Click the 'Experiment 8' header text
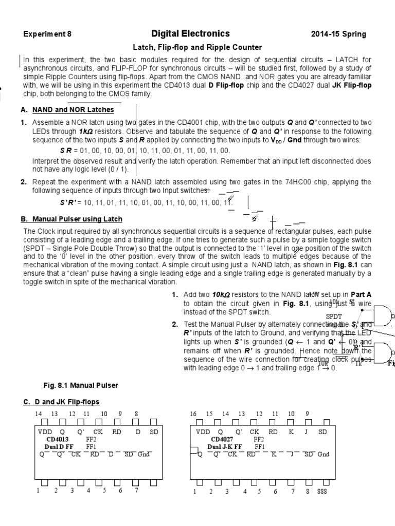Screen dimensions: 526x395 tap(47, 34)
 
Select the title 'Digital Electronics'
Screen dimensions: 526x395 tap(190, 34)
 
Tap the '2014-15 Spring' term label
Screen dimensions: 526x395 tap(338, 34)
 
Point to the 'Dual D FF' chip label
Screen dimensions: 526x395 tap(57, 447)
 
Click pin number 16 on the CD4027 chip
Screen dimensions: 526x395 tap(194, 414)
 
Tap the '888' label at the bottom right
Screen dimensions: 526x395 tap(323, 492)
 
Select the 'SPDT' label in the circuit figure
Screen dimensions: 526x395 tap(333, 317)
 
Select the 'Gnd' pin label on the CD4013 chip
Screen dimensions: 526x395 tap(142, 454)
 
